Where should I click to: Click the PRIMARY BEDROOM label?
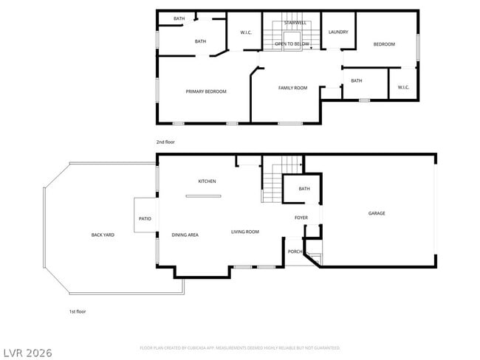point(205,91)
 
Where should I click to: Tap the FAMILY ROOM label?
point(292,88)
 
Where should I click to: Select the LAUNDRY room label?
point(338,32)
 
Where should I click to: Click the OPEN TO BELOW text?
point(292,44)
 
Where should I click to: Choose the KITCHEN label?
point(207,181)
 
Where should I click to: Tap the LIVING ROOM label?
point(244,232)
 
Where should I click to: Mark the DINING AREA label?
point(185,235)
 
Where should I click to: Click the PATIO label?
point(145,218)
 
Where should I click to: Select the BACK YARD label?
point(103,235)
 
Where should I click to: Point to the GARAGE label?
point(377,213)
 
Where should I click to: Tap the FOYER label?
point(301,218)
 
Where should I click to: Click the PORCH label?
point(295,251)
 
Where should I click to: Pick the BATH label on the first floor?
point(304,189)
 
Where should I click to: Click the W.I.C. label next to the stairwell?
point(247,32)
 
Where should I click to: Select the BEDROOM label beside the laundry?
point(384,44)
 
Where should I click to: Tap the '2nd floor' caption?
point(165,142)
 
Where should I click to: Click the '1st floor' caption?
point(78,311)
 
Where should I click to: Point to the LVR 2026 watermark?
point(27,353)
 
